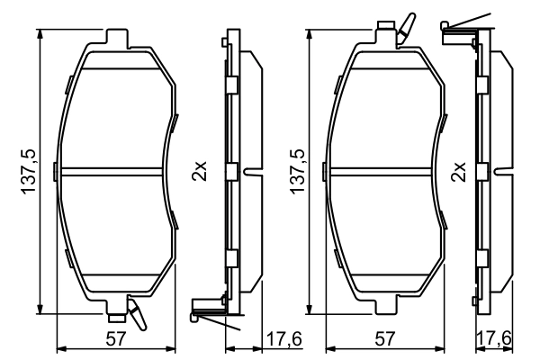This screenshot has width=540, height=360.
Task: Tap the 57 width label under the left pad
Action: pyautogui.click(x=116, y=339)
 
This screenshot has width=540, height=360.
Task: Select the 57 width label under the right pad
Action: pyautogui.click(x=384, y=339)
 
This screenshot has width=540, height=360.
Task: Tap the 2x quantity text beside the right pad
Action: pyautogui.click(x=458, y=171)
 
